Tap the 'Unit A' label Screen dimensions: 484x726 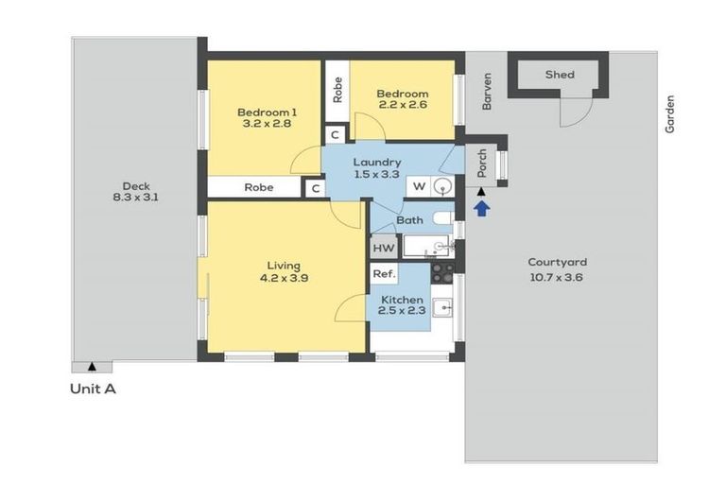coord(94,389)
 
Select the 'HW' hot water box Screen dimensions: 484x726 coord(383,248)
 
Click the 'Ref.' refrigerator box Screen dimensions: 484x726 coord(383,273)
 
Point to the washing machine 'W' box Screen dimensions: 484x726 coord(419,186)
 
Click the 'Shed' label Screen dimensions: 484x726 coord(560,75)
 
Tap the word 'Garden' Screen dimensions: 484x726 coord(670,113)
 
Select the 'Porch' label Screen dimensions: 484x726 coord(481,162)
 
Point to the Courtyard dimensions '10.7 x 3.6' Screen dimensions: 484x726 coord(558,277)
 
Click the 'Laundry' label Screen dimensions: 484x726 coord(377,162)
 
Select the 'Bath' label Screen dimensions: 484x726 coord(409,220)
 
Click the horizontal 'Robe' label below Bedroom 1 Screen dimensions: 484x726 coord(258,187)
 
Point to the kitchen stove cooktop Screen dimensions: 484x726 coord(442,272)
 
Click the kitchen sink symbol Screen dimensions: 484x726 coord(442,307)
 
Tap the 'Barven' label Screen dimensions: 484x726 coord(488,93)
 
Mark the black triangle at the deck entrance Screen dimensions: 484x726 coord(92,365)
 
